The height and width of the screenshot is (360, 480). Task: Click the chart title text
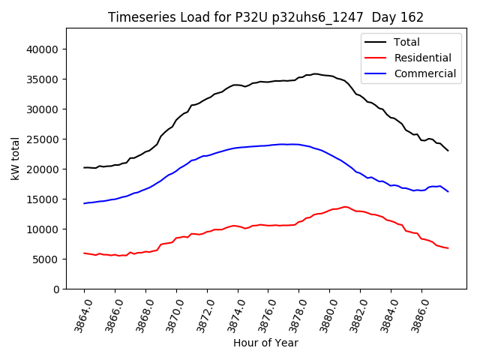coord(265,17)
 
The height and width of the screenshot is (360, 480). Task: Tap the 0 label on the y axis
coord(56,289)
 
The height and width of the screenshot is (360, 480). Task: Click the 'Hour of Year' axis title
coord(265,343)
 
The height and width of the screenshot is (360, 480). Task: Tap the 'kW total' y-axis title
coord(16,159)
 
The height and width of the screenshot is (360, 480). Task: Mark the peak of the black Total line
coord(315,74)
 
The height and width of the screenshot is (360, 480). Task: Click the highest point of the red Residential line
coord(345,207)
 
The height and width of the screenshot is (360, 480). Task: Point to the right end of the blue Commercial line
coord(448,191)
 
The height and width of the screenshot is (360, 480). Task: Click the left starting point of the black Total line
coord(84,167)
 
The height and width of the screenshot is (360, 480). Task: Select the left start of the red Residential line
coord(84,253)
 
